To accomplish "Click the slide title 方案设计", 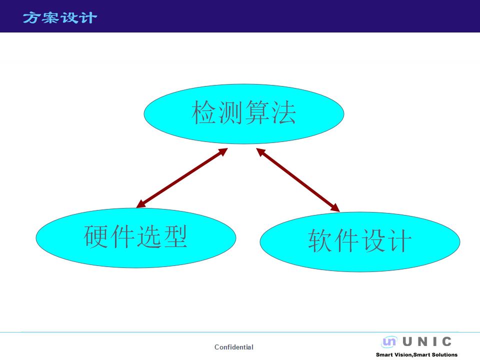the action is click(x=60, y=17).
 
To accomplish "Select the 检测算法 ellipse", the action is click(x=244, y=114).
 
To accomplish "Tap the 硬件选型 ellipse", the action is click(x=136, y=238).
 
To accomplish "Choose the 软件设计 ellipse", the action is click(x=360, y=242).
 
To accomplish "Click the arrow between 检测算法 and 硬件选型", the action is click(x=182, y=178).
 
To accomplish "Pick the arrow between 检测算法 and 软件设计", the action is click(x=298, y=180).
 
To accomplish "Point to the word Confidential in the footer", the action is click(x=234, y=347).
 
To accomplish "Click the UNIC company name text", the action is click(x=427, y=341).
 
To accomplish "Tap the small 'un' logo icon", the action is click(x=389, y=341).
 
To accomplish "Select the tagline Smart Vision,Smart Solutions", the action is click(x=416, y=355).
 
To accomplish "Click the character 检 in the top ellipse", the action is click(x=204, y=112).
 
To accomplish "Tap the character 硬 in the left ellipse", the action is click(x=96, y=236).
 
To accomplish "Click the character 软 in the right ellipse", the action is click(x=320, y=240).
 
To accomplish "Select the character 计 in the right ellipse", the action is click(x=399, y=240).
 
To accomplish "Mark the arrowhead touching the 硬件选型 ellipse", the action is click(x=141, y=204).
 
